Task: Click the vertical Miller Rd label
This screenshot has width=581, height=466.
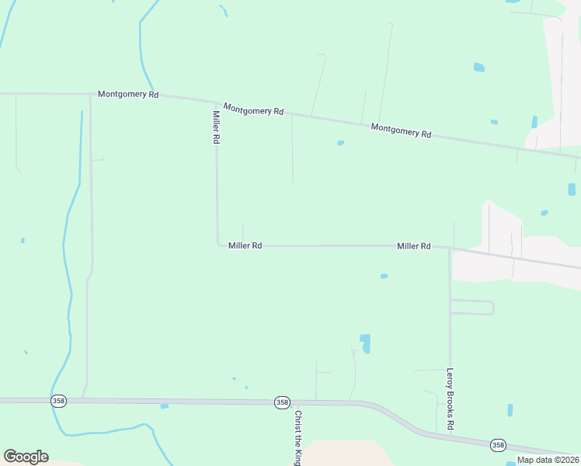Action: click(217, 127)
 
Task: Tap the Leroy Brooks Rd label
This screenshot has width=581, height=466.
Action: click(450, 399)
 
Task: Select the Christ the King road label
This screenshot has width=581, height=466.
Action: click(297, 438)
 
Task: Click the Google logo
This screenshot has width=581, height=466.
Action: click(26, 457)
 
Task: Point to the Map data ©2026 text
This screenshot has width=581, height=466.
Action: click(548, 460)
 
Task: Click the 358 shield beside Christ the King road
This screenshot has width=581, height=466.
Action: click(282, 402)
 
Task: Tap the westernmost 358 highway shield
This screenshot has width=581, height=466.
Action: click(58, 401)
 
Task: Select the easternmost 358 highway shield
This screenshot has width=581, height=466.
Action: click(498, 444)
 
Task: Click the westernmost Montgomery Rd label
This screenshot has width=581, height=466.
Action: click(128, 94)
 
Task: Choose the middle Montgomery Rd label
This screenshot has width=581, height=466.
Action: click(253, 110)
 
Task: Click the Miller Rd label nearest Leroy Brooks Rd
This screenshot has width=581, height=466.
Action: click(413, 246)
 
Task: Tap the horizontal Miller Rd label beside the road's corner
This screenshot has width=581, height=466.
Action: click(245, 245)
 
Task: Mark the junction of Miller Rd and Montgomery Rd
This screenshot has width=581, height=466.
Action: click(217, 102)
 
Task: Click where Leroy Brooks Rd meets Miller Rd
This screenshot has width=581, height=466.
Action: click(450, 249)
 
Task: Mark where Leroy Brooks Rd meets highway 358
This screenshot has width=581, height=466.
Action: click(451, 436)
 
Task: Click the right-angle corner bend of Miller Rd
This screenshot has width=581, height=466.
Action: click(217, 245)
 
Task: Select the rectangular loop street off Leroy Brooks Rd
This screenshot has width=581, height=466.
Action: click(472, 307)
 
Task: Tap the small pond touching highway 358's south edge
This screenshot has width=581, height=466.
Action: click(164, 406)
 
